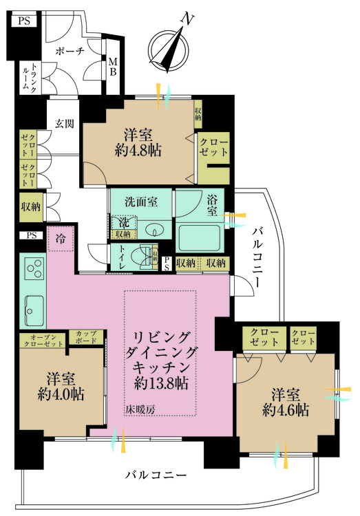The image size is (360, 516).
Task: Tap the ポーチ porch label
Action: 70,50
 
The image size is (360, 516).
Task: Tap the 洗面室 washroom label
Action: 140,202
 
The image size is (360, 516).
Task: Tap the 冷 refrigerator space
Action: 61,240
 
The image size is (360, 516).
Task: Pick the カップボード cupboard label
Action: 86,337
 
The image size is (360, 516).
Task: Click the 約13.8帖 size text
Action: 161,383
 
